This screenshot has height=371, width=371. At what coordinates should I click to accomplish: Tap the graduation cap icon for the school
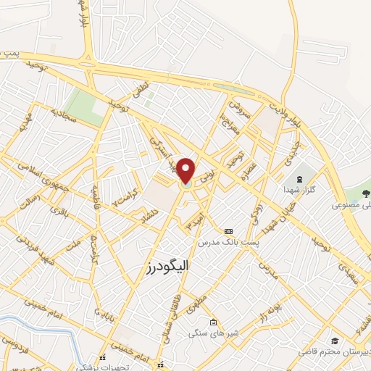click(334, 341)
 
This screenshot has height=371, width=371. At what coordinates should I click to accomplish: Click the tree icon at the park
click(364, 193)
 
